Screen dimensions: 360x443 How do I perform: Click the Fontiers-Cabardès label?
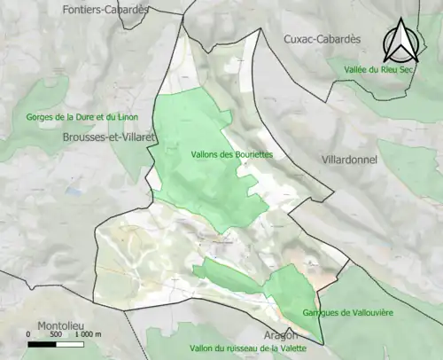coord(105,9)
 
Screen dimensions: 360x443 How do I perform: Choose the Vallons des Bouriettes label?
coord(231,154)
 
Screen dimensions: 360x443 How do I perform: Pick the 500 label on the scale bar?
coord(56,335)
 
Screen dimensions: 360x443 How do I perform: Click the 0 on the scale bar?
coord(29,335)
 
